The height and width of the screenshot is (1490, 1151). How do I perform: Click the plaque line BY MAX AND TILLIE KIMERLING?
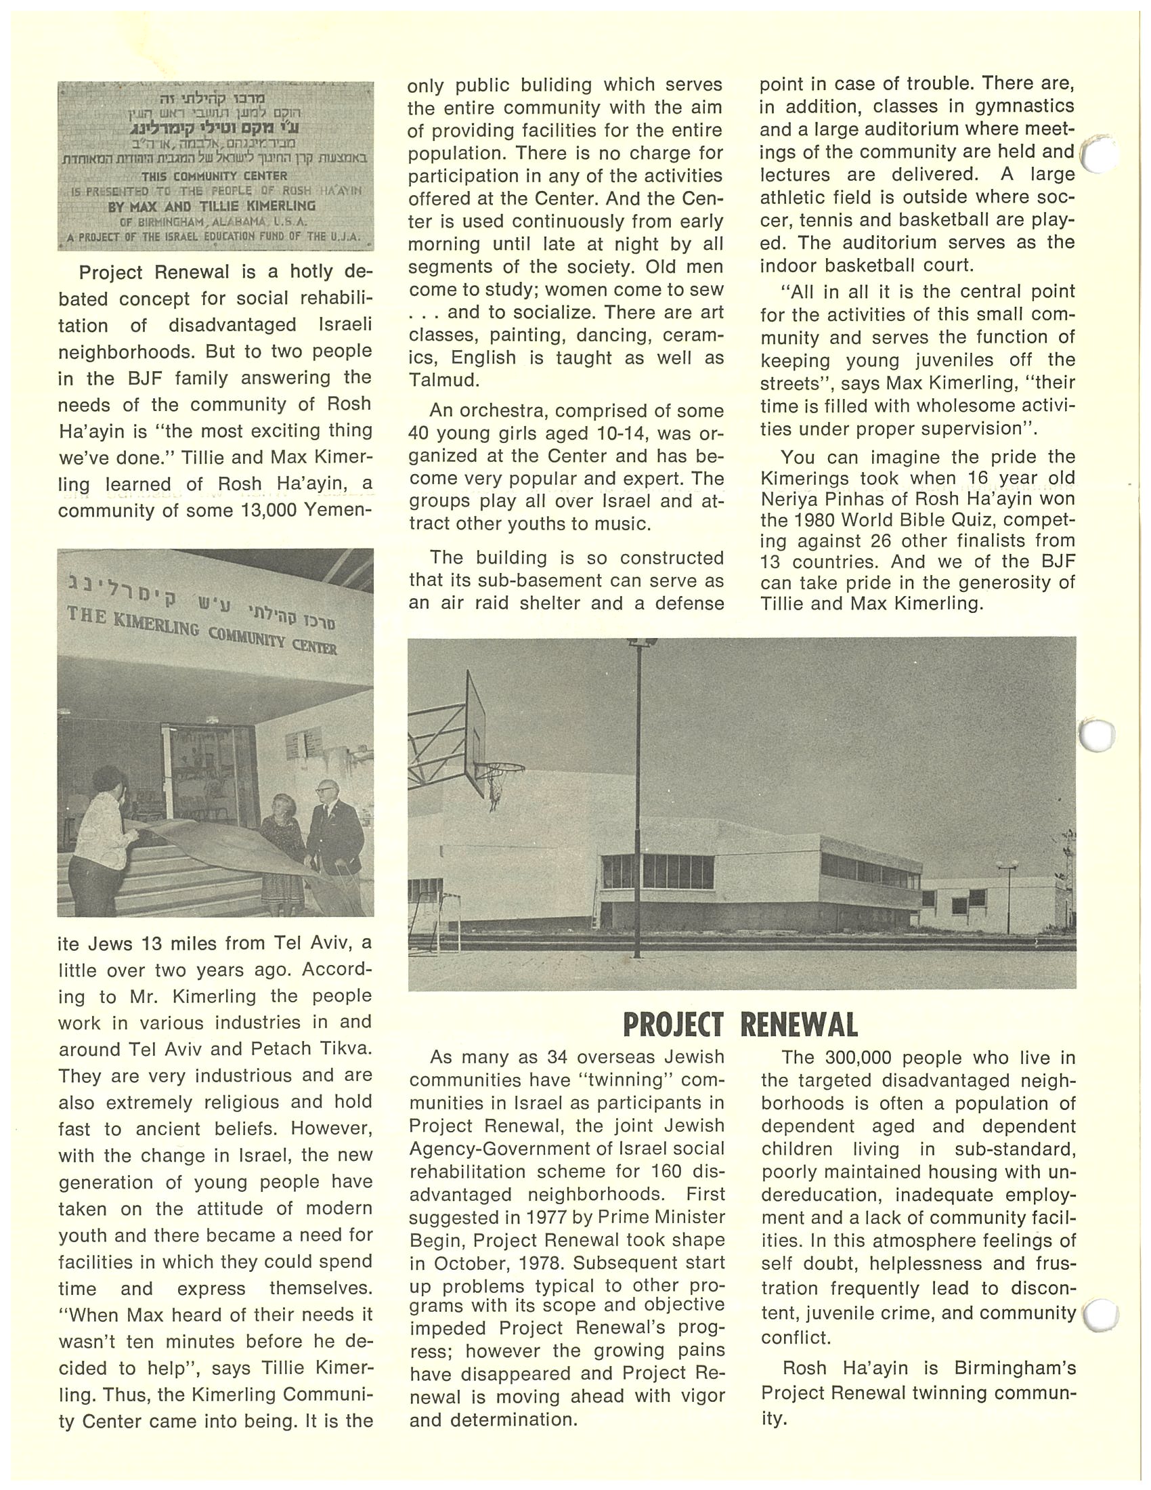tap(211, 205)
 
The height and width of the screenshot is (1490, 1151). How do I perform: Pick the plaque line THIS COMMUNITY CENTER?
tap(214, 176)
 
